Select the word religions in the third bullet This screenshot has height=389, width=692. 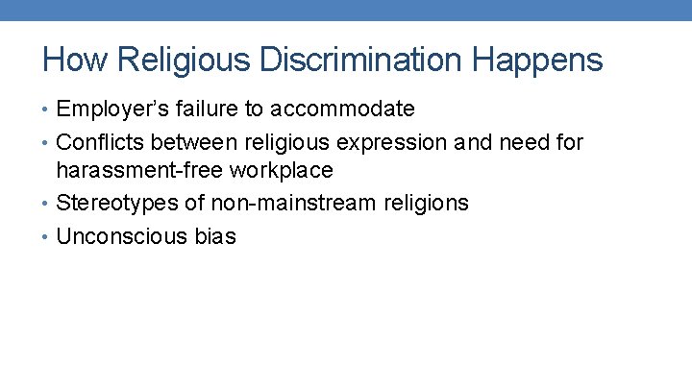(419, 204)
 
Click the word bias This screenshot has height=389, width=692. (213, 236)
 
